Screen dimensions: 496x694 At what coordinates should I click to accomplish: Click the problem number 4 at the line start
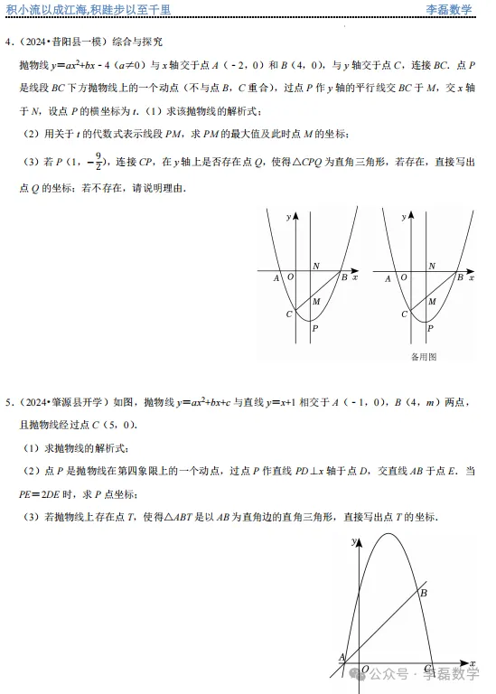coord(8,42)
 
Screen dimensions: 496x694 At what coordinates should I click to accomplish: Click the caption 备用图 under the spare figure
coord(423,357)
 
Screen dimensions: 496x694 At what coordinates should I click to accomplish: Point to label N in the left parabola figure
coord(315,266)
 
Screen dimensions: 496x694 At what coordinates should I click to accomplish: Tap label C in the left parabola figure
coord(288,314)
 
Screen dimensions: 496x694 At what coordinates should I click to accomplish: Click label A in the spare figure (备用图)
coord(388,279)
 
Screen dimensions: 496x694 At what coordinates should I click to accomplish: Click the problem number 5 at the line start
coord(8,400)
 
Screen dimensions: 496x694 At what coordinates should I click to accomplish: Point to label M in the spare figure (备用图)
coord(430,301)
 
